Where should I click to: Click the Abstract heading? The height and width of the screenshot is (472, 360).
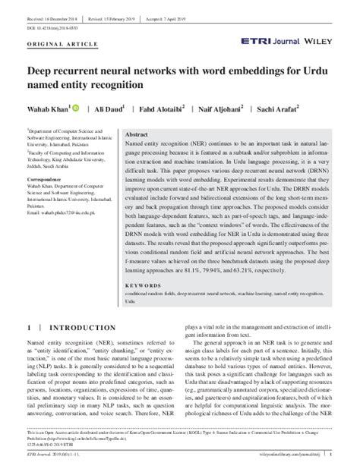(137, 133)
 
